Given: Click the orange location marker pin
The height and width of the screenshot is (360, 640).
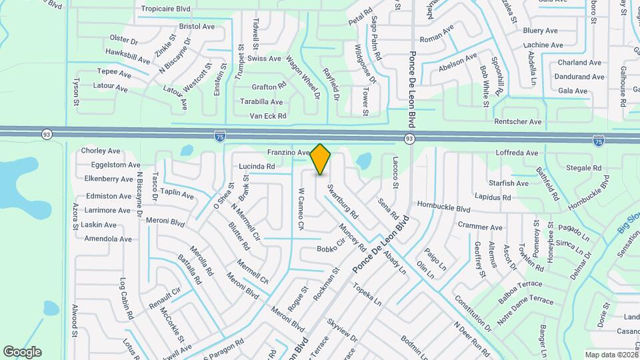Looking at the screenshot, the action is coord(321,159).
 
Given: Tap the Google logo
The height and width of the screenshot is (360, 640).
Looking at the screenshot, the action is coord(22,351).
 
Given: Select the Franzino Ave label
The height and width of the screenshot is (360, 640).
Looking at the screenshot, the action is coord(289,153).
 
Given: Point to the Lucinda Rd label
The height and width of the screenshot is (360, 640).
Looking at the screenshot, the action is coord(257,166).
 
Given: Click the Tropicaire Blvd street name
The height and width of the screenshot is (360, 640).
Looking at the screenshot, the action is coord(165,9).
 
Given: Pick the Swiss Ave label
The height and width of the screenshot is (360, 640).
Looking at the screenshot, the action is coord(265,59).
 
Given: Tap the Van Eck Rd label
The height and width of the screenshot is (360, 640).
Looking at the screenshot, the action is coord(268,116).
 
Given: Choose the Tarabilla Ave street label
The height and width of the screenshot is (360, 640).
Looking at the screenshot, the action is coord(262,102).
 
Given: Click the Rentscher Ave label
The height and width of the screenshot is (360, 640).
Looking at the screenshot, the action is coord(518,122).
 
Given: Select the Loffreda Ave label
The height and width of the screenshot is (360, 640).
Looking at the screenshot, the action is coord(517,153).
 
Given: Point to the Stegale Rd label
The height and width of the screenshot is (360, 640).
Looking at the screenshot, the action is coord(584,168).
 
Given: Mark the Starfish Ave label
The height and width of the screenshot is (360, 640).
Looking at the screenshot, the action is coord(509,183).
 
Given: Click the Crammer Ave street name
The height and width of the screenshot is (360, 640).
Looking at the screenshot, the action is coord(480,227).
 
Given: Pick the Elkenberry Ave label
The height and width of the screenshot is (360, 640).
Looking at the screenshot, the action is coord(109,179).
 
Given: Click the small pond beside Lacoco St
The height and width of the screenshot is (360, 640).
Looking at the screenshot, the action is coord(364,161).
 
